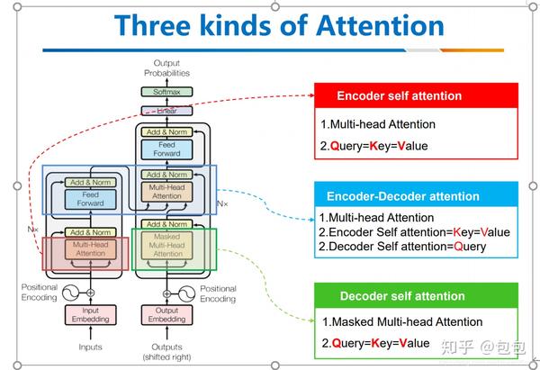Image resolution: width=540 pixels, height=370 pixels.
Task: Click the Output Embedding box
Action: (x=166, y=315)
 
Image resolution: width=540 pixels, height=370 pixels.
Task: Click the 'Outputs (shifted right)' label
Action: (x=166, y=351)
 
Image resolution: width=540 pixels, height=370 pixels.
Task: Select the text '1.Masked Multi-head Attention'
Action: (x=402, y=321)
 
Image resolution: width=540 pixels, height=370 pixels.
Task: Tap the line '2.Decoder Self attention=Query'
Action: (x=401, y=246)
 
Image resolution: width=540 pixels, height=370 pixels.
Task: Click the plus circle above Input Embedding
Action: (x=90, y=292)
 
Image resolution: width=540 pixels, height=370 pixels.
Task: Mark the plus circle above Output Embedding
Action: (x=166, y=292)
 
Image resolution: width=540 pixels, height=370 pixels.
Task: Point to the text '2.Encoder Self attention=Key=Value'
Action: (x=414, y=231)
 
